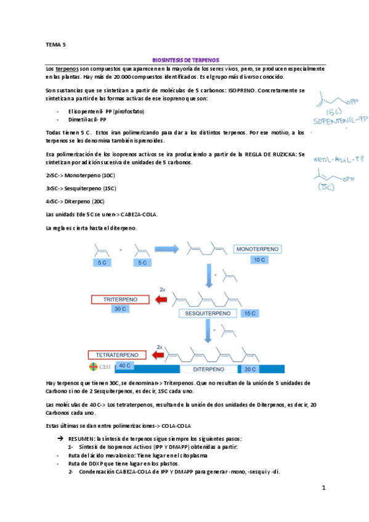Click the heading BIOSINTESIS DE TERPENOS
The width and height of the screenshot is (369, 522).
coord(185,61)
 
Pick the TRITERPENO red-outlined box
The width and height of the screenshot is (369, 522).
coord(120,300)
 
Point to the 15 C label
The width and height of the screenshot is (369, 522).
coord(249,313)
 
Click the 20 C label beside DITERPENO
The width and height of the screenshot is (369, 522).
coord(249,369)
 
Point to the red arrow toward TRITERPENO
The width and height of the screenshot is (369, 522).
coord(163,300)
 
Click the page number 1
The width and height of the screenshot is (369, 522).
coord(323,488)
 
